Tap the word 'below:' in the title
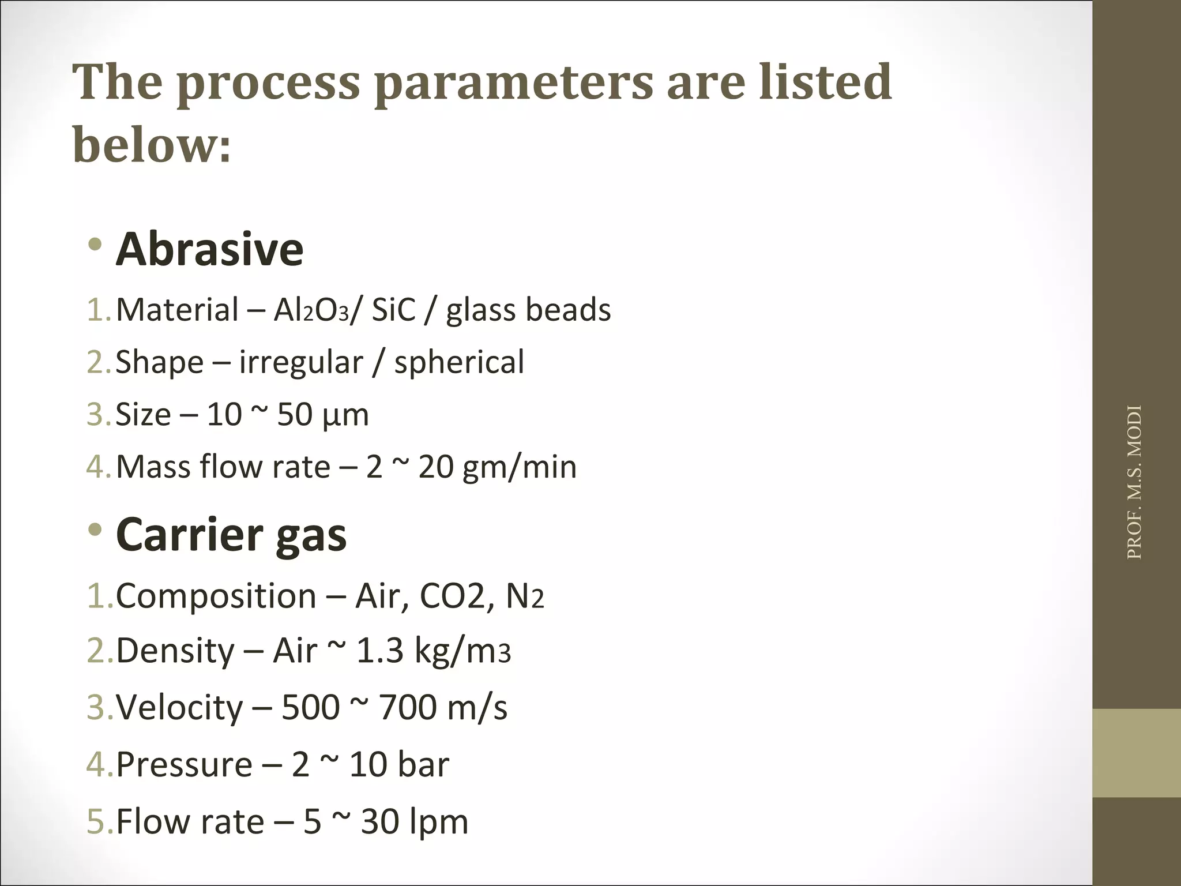pyautogui.click(x=152, y=144)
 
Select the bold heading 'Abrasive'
pyautogui.click(x=209, y=249)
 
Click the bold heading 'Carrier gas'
pyautogui.click(x=231, y=535)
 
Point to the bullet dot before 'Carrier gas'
pyautogui.click(x=95, y=529)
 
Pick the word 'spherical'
pyautogui.click(x=459, y=363)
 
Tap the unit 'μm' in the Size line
pyautogui.click(x=345, y=415)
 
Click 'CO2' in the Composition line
pyautogui.click(x=452, y=596)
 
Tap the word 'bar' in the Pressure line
pyautogui.click(x=423, y=765)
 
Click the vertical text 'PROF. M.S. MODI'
pyautogui.click(x=1134, y=482)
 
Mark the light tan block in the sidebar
pyautogui.click(x=1137, y=753)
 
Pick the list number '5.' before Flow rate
pyautogui.click(x=100, y=821)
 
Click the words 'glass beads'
pyautogui.click(x=528, y=310)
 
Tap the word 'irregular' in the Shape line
pyautogui.click(x=301, y=363)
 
